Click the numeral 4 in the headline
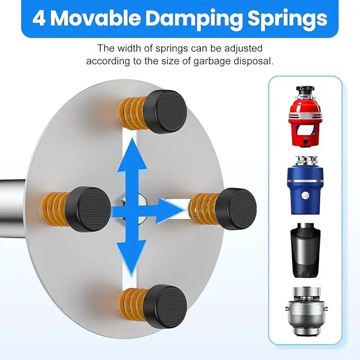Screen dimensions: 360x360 (x=39, y=18)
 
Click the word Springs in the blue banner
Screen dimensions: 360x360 (x=287, y=20)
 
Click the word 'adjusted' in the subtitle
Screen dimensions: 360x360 (x=243, y=48)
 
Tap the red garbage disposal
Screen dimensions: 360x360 (x=305, y=116)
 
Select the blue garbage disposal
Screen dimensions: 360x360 (x=305, y=185)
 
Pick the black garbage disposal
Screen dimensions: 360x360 (x=305, y=250)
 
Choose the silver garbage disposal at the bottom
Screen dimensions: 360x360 (x=306, y=311)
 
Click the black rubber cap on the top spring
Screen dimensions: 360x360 (x=166, y=112)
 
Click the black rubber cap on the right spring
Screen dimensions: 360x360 (x=236, y=209)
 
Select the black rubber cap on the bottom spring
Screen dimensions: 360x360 (x=166, y=306)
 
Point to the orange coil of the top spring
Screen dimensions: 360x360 (x=132, y=112)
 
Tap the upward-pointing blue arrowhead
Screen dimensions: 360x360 (x=132, y=155)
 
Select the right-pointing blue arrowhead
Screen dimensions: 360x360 (x=170, y=211)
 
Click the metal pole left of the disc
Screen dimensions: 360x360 (x=13, y=208)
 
